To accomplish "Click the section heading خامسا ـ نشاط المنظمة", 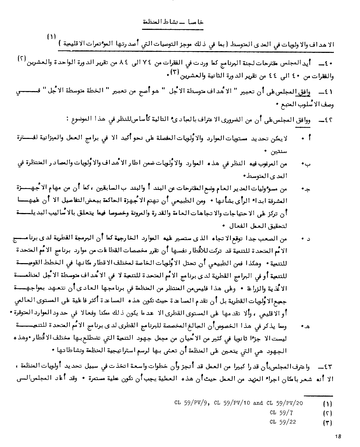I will pos(172,22).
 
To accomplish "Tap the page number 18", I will pos(337,436).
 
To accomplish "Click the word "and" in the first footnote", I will pos(258,403).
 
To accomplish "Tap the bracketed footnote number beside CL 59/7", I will pos(326,413).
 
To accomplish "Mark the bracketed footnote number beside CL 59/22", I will pos(326,423).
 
